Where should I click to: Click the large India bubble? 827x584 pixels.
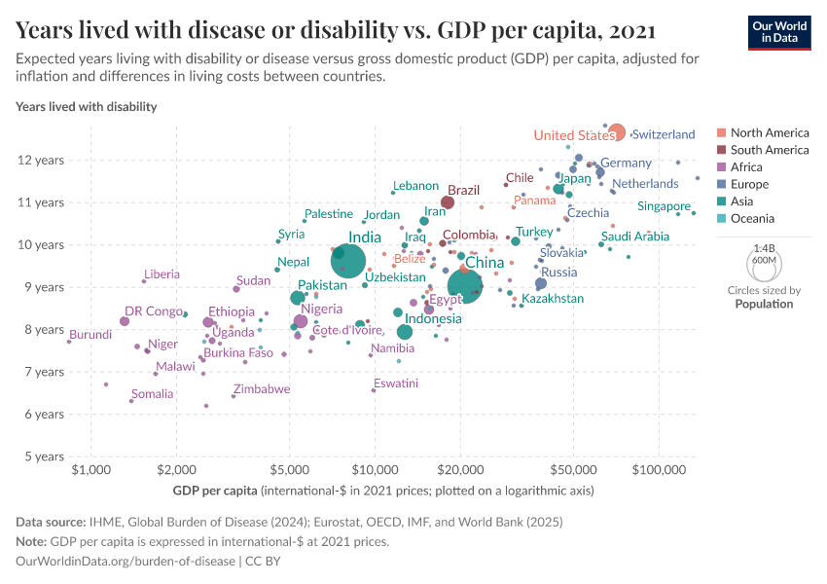[348, 261]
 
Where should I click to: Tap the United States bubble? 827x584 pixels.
[616, 132]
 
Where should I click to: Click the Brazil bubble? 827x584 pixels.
[448, 202]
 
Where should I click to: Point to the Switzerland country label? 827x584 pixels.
[664, 134]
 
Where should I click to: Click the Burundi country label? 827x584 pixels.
[90, 334]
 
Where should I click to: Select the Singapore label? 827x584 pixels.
[664, 206]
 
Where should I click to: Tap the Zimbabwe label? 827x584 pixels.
[261, 388]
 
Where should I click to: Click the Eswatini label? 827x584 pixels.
[396, 383]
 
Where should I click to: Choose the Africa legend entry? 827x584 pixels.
[748, 167]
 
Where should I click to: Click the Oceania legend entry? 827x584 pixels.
[753, 219]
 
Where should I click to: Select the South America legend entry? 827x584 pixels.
[769, 150]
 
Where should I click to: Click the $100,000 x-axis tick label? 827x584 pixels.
[659, 471]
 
